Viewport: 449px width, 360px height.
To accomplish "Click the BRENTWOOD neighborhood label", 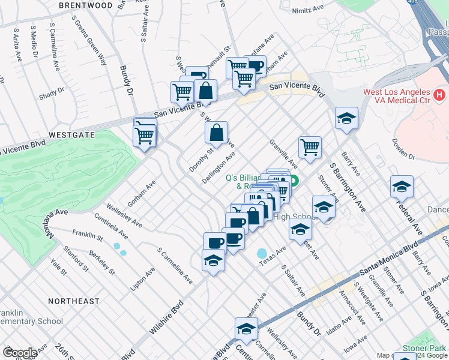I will [x=86, y=5].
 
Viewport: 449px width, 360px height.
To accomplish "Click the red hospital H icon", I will [x=440, y=94].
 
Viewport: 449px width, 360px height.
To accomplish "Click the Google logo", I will [x=19, y=353].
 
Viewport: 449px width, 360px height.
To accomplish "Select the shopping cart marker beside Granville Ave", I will [x=310, y=147].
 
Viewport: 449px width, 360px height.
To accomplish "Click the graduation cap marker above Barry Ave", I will [x=346, y=119].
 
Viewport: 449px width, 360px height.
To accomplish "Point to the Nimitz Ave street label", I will [x=307, y=10].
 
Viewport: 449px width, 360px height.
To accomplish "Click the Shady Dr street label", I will [x=52, y=95].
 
